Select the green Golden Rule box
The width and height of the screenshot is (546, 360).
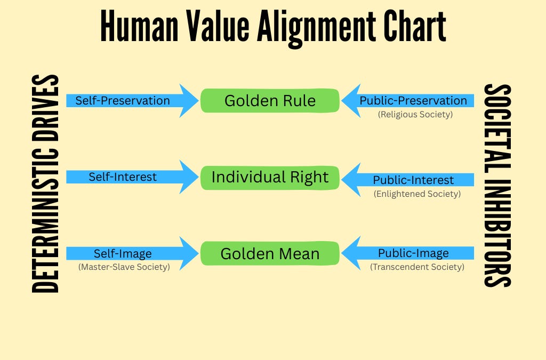270,101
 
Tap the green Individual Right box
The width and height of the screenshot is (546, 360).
270,177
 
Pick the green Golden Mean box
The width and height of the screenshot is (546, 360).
270,253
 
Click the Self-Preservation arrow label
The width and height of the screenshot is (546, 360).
123,100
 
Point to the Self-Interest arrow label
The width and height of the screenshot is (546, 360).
123,177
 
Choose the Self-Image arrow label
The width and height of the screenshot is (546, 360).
123,253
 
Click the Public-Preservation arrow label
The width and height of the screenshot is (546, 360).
413,100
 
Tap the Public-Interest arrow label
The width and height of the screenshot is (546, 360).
413,180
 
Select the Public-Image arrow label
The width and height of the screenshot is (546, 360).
413,253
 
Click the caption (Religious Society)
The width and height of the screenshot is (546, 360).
415,114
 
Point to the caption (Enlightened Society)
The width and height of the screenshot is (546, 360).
417,194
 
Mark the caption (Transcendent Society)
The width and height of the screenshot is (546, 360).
417,267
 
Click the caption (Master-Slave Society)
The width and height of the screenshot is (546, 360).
124,267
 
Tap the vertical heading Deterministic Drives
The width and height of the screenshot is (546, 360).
45,184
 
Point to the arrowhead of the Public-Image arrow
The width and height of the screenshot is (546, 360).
351,253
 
